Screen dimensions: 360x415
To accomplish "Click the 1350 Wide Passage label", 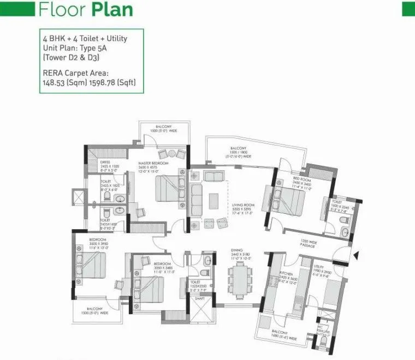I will click(309, 243).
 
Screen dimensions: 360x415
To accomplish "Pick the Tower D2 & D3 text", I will click(67, 57).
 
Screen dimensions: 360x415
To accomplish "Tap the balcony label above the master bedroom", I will click(163, 129).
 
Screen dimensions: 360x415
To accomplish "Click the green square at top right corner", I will click(408, 8).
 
